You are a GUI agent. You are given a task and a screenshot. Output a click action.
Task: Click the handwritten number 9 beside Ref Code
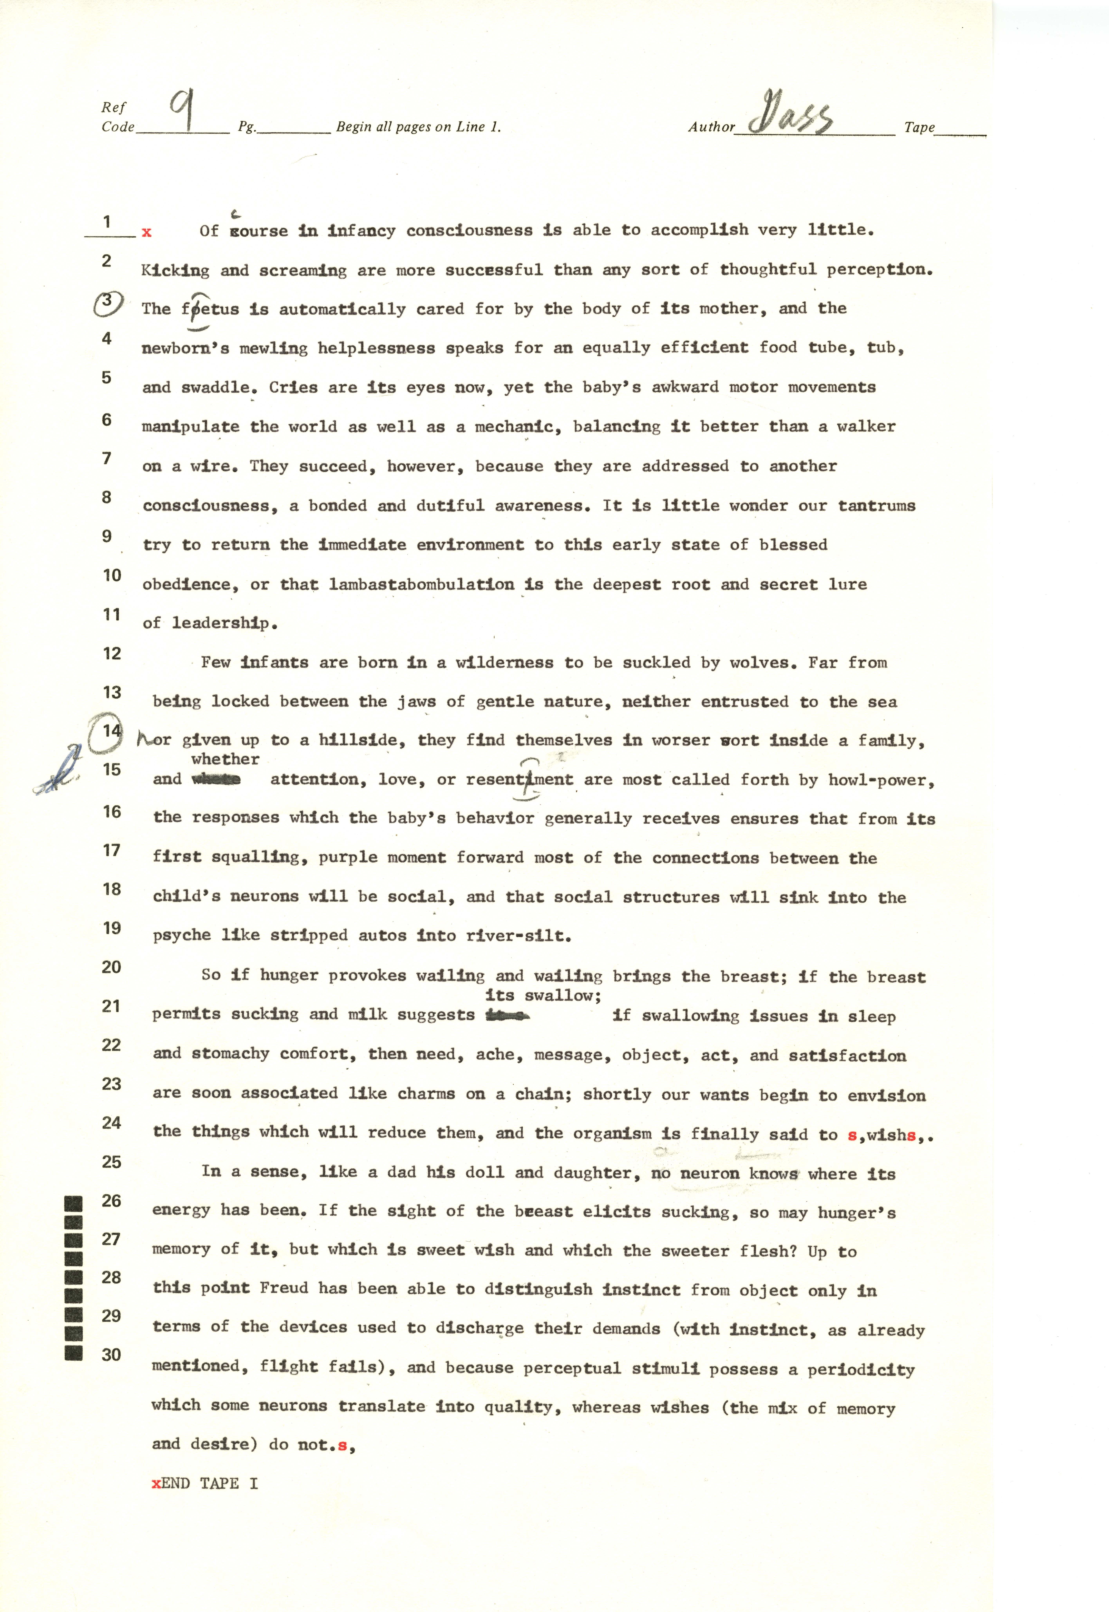[x=182, y=111]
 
